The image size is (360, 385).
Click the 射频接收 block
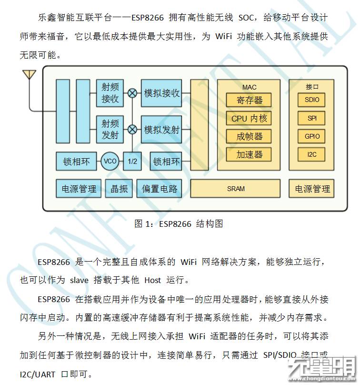click(110, 93)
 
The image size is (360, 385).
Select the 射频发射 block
click(110, 129)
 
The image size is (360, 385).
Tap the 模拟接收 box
click(162, 93)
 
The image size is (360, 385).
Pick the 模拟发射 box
click(162, 129)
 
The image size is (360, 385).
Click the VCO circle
click(110, 162)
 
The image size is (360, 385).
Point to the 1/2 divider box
click(132, 162)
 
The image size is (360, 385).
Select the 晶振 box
click(119, 189)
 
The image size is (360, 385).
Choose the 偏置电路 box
click(159, 189)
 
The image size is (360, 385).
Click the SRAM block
click(236, 189)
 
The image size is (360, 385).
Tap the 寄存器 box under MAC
click(249, 100)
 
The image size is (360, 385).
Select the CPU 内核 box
click(249, 118)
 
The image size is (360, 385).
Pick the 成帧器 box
click(249, 136)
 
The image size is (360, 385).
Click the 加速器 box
click(249, 154)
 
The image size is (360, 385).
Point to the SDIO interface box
click(312, 100)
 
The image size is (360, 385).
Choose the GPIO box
click(312, 136)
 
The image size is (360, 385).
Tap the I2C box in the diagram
click(312, 154)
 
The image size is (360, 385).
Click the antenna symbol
click(29, 75)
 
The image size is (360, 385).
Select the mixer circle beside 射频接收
click(132, 93)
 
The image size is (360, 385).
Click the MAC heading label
click(249, 87)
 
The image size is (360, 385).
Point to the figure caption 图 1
click(179, 223)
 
